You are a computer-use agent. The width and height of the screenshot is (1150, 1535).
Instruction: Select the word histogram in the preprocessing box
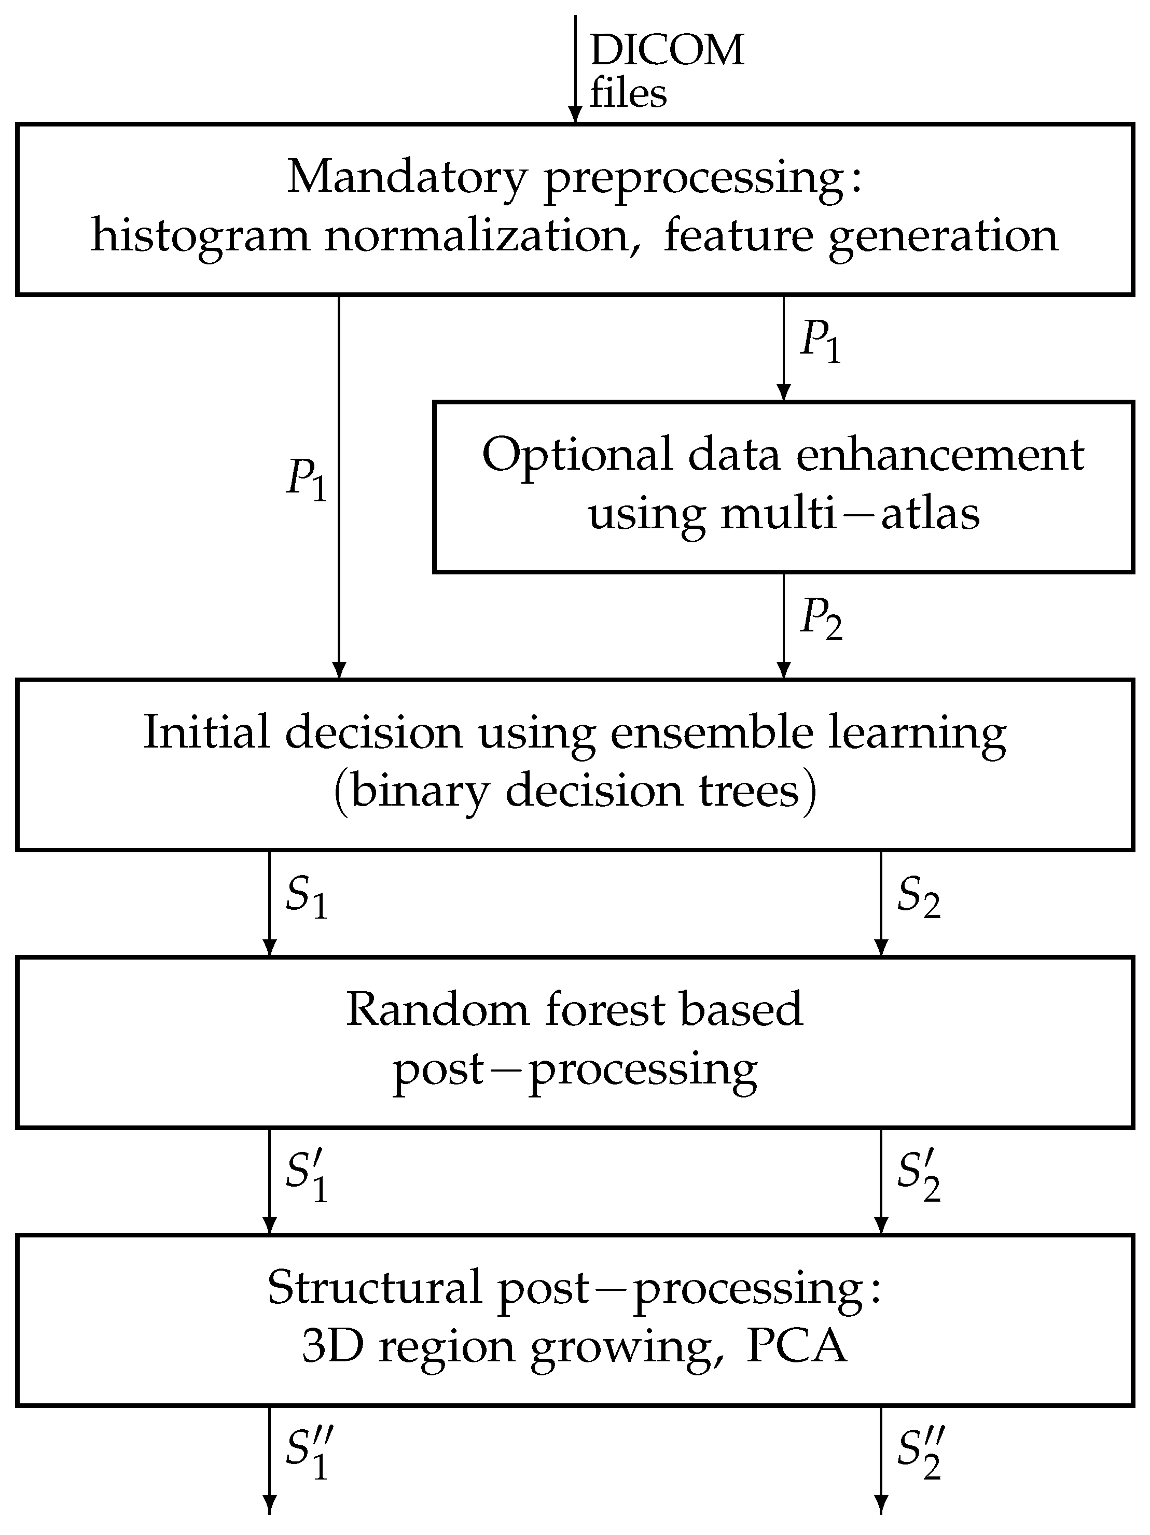(200, 236)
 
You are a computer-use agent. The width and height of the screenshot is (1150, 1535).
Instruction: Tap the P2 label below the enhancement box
(821, 617)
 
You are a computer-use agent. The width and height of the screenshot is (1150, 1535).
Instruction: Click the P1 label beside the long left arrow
(306, 479)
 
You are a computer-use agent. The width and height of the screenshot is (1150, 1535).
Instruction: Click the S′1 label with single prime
(306, 1176)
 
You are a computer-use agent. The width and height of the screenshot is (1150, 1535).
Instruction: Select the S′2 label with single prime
(918, 1176)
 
